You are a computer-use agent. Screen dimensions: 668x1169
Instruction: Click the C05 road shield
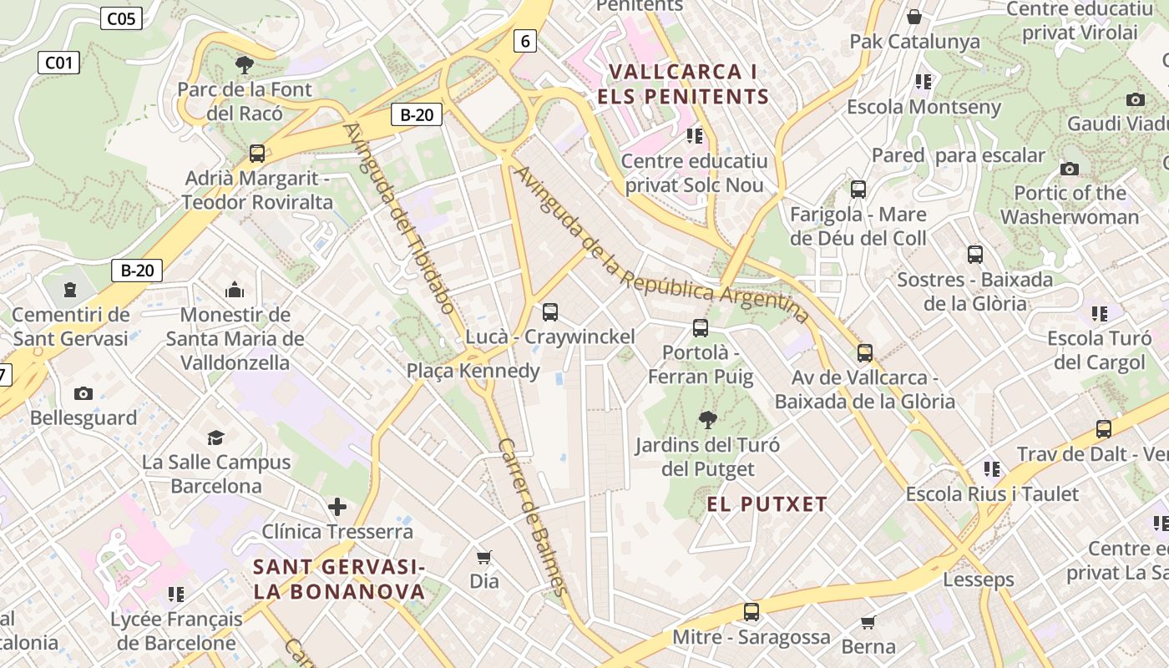[121, 18]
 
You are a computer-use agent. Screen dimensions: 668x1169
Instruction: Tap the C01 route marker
[58, 62]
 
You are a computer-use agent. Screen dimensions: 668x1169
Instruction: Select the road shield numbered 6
[524, 40]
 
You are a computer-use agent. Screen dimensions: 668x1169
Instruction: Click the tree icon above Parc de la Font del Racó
[245, 64]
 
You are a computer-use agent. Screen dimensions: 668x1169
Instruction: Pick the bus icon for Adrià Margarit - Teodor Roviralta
[257, 154]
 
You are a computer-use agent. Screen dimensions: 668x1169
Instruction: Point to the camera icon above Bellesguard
[83, 393]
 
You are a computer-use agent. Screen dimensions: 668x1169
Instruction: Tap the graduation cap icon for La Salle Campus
[216, 438]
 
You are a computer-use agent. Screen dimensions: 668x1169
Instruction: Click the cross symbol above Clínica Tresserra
[337, 507]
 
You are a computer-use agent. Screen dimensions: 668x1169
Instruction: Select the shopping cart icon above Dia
[484, 557]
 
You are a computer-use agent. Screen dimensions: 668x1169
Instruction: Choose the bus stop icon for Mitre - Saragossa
[751, 612]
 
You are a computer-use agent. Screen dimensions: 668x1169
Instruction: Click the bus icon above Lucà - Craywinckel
[549, 312]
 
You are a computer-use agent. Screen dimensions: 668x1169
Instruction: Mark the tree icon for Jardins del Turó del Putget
[707, 419]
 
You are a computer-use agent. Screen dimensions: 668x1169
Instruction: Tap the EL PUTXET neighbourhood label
[767, 504]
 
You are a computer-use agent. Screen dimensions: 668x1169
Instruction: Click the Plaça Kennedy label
[473, 370]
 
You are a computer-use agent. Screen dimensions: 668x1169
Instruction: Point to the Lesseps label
[979, 579]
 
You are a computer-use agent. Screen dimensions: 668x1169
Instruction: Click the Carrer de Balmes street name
[533, 515]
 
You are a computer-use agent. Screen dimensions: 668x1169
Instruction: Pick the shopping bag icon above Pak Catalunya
[914, 17]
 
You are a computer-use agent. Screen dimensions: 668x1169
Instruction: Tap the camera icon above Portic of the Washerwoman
[1070, 169]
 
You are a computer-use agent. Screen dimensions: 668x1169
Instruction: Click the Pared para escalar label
[958, 155]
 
